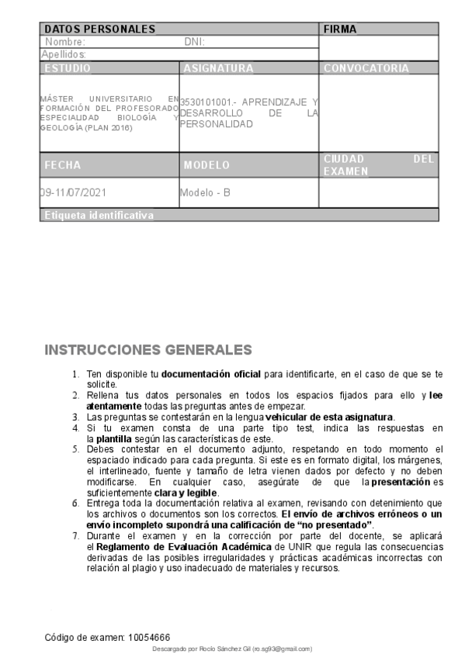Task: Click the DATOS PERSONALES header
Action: pos(100,29)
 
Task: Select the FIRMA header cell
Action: pos(340,29)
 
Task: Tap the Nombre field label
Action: pos(65,42)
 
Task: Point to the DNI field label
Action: pos(194,42)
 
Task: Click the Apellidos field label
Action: pos(64,54)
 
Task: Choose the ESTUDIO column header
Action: pos(68,68)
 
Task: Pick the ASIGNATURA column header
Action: pos(219,68)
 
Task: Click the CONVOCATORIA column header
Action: pos(366,68)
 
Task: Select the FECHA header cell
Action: pos(62,165)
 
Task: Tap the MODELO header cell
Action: pos(207,165)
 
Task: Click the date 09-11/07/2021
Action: pos(72,192)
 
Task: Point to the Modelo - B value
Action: pos(205,192)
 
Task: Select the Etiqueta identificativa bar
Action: pos(99,215)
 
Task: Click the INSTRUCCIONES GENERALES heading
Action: pos(148,350)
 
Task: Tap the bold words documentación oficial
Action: pos(200,375)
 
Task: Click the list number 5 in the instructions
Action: pos(75,449)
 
